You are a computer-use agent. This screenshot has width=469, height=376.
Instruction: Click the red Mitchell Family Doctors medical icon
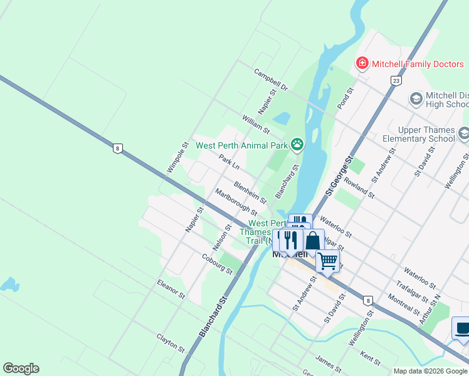click(362, 64)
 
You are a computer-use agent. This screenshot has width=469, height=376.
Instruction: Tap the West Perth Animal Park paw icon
click(297, 145)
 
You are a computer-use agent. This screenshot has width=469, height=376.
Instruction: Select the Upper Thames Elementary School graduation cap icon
click(463, 133)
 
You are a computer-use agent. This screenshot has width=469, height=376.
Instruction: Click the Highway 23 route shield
click(395, 81)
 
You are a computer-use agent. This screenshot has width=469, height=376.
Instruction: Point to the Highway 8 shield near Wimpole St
click(117, 149)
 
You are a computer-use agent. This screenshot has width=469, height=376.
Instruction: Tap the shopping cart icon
click(327, 260)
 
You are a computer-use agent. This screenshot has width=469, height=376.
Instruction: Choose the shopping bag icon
click(312, 241)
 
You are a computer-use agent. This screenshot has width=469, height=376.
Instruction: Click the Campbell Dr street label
click(270, 80)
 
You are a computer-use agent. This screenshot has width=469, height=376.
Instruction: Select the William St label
click(255, 124)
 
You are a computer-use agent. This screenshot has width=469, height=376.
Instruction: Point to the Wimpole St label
click(178, 157)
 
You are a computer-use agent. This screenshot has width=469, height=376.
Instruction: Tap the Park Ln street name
click(229, 162)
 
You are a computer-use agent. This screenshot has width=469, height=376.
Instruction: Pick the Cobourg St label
click(217, 264)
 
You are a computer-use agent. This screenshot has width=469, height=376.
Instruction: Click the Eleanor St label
click(171, 289)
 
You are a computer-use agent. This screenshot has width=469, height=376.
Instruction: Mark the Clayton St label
click(171, 343)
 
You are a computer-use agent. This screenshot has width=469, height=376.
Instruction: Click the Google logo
click(21, 368)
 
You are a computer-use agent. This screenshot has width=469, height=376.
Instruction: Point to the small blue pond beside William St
click(282, 118)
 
